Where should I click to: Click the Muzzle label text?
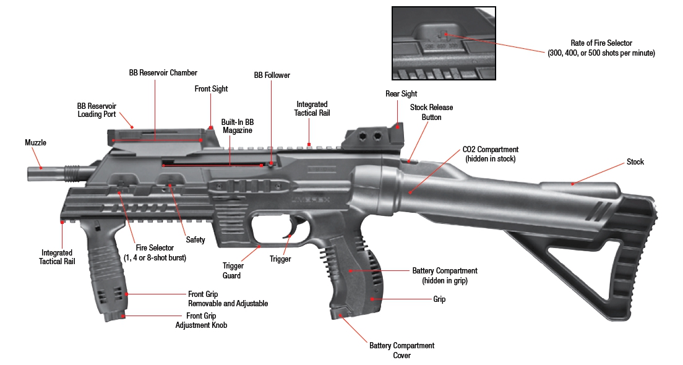click(x=35, y=143)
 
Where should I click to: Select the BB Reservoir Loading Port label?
click(x=97, y=110)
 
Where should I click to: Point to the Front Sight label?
click(x=211, y=89)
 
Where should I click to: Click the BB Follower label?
click(x=272, y=75)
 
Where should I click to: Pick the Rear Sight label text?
click(x=401, y=94)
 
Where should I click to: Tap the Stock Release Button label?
click(x=431, y=112)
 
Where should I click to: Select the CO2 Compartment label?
click(x=491, y=154)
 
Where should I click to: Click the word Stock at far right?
click(x=635, y=162)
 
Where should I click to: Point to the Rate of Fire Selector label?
click(x=600, y=48)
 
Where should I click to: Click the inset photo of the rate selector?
click(x=444, y=43)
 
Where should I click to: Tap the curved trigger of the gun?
click(x=287, y=238)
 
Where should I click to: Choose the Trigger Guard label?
click(x=233, y=270)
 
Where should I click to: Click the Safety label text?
click(x=195, y=240)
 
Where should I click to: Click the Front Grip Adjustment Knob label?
click(x=201, y=320)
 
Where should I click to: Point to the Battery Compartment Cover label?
click(x=402, y=350)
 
